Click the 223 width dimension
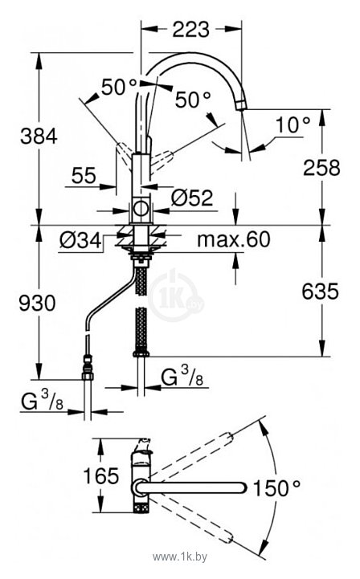[x=190, y=30]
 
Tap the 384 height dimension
[x=39, y=136]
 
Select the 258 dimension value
[x=321, y=168]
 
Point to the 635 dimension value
[x=320, y=291]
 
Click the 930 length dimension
[x=37, y=303]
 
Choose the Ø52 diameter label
[x=192, y=198]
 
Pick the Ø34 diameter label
[x=80, y=241]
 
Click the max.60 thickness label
[x=234, y=239]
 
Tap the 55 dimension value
[x=84, y=175]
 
